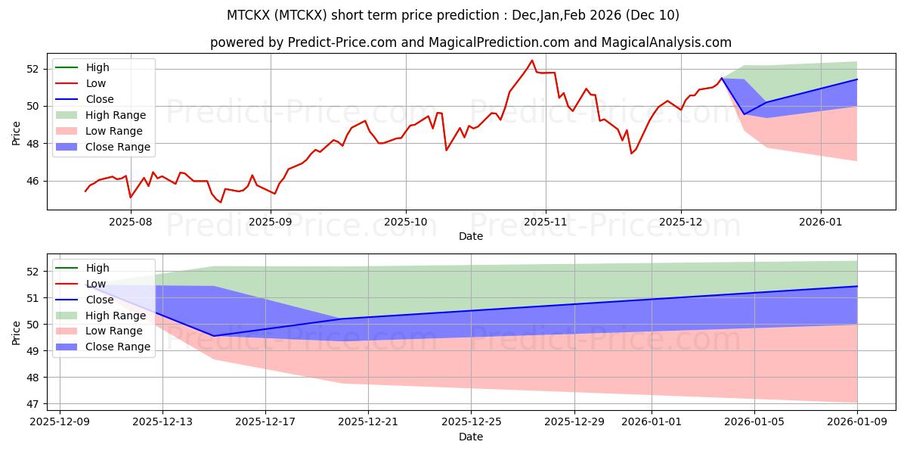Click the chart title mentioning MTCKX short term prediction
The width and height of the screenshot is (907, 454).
(x=453, y=15)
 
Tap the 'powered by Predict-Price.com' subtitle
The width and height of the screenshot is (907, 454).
(x=470, y=42)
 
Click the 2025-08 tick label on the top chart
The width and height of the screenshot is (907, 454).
(x=131, y=222)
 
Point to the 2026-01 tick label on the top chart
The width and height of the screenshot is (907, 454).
(x=821, y=222)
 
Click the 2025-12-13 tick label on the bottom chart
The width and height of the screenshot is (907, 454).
(x=163, y=422)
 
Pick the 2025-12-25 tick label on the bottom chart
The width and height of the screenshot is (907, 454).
(x=472, y=422)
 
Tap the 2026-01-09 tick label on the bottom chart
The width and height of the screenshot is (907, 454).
(x=857, y=422)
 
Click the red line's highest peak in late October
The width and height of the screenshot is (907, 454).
(x=532, y=61)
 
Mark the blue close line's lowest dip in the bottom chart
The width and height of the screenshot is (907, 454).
(x=214, y=336)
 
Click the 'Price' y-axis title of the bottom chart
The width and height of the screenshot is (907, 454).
(x=16, y=332)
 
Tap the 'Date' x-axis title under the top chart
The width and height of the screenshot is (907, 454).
(x=470, y=236)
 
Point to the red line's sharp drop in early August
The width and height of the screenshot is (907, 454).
(x=131, y=197)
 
